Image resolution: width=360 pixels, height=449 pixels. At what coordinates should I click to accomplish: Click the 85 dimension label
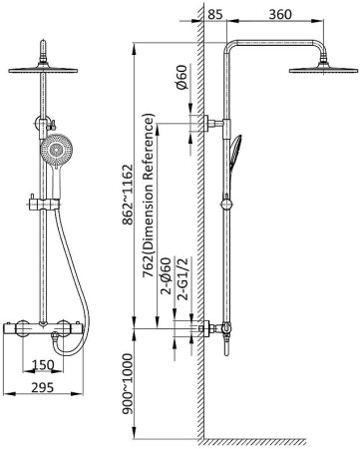(x=215, y=14)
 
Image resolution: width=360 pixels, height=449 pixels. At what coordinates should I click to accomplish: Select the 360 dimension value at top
(x=280, y=14)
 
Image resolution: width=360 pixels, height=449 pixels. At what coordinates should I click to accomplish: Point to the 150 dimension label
(x=43, y=365)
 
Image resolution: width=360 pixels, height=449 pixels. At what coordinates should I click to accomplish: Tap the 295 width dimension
(x=43, y=387)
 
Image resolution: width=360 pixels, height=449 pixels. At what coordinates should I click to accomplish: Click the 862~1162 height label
(x=128, y=195)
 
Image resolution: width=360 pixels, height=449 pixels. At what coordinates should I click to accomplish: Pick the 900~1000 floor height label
(x=128, y=384)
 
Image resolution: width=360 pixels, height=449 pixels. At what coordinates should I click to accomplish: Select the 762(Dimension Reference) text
(x=149, y=197)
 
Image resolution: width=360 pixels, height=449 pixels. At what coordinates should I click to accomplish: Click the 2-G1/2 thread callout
(x=182, y=278)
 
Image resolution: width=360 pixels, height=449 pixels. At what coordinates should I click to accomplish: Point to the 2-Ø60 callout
(x=166, y=276)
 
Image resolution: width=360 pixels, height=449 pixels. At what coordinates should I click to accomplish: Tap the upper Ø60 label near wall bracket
(x=182, y=77)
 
